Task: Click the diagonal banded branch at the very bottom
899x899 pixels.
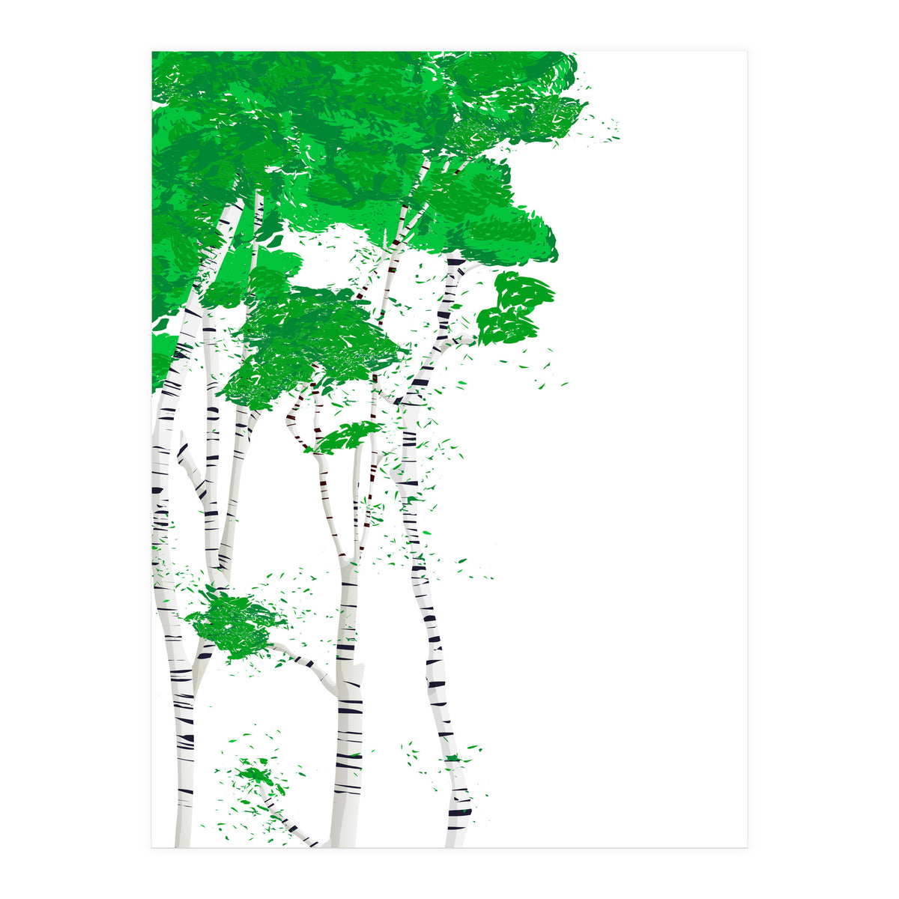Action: tap(288, 820)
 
